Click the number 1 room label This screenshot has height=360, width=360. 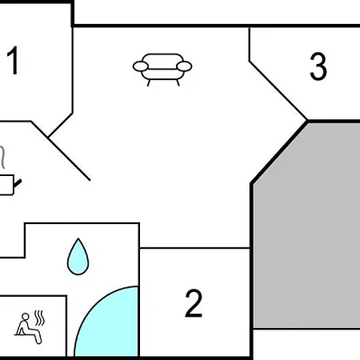tap(13, 61)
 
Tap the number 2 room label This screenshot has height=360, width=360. tap(194, 303)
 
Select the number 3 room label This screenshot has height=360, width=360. tap(318, 66)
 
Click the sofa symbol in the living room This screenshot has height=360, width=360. tap(162, 70)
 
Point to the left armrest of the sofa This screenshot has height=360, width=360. tap(141, 66)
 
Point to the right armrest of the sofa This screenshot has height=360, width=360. tap(184, 66)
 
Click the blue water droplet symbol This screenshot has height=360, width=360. tap(78, 258)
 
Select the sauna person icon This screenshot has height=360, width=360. tap(30, 327)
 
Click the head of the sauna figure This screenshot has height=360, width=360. tap(26, 317)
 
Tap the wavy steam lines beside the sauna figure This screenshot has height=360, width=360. tap(39, 318)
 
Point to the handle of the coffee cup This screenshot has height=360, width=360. tap(18, 183)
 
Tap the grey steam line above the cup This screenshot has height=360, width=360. tap(2, 158)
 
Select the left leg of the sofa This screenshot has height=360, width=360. tap(149, 83)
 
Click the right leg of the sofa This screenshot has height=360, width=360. tap(178, 83)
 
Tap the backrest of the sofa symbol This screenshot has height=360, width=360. tap(162, 62)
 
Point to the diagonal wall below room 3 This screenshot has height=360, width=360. tap(278, 90)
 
